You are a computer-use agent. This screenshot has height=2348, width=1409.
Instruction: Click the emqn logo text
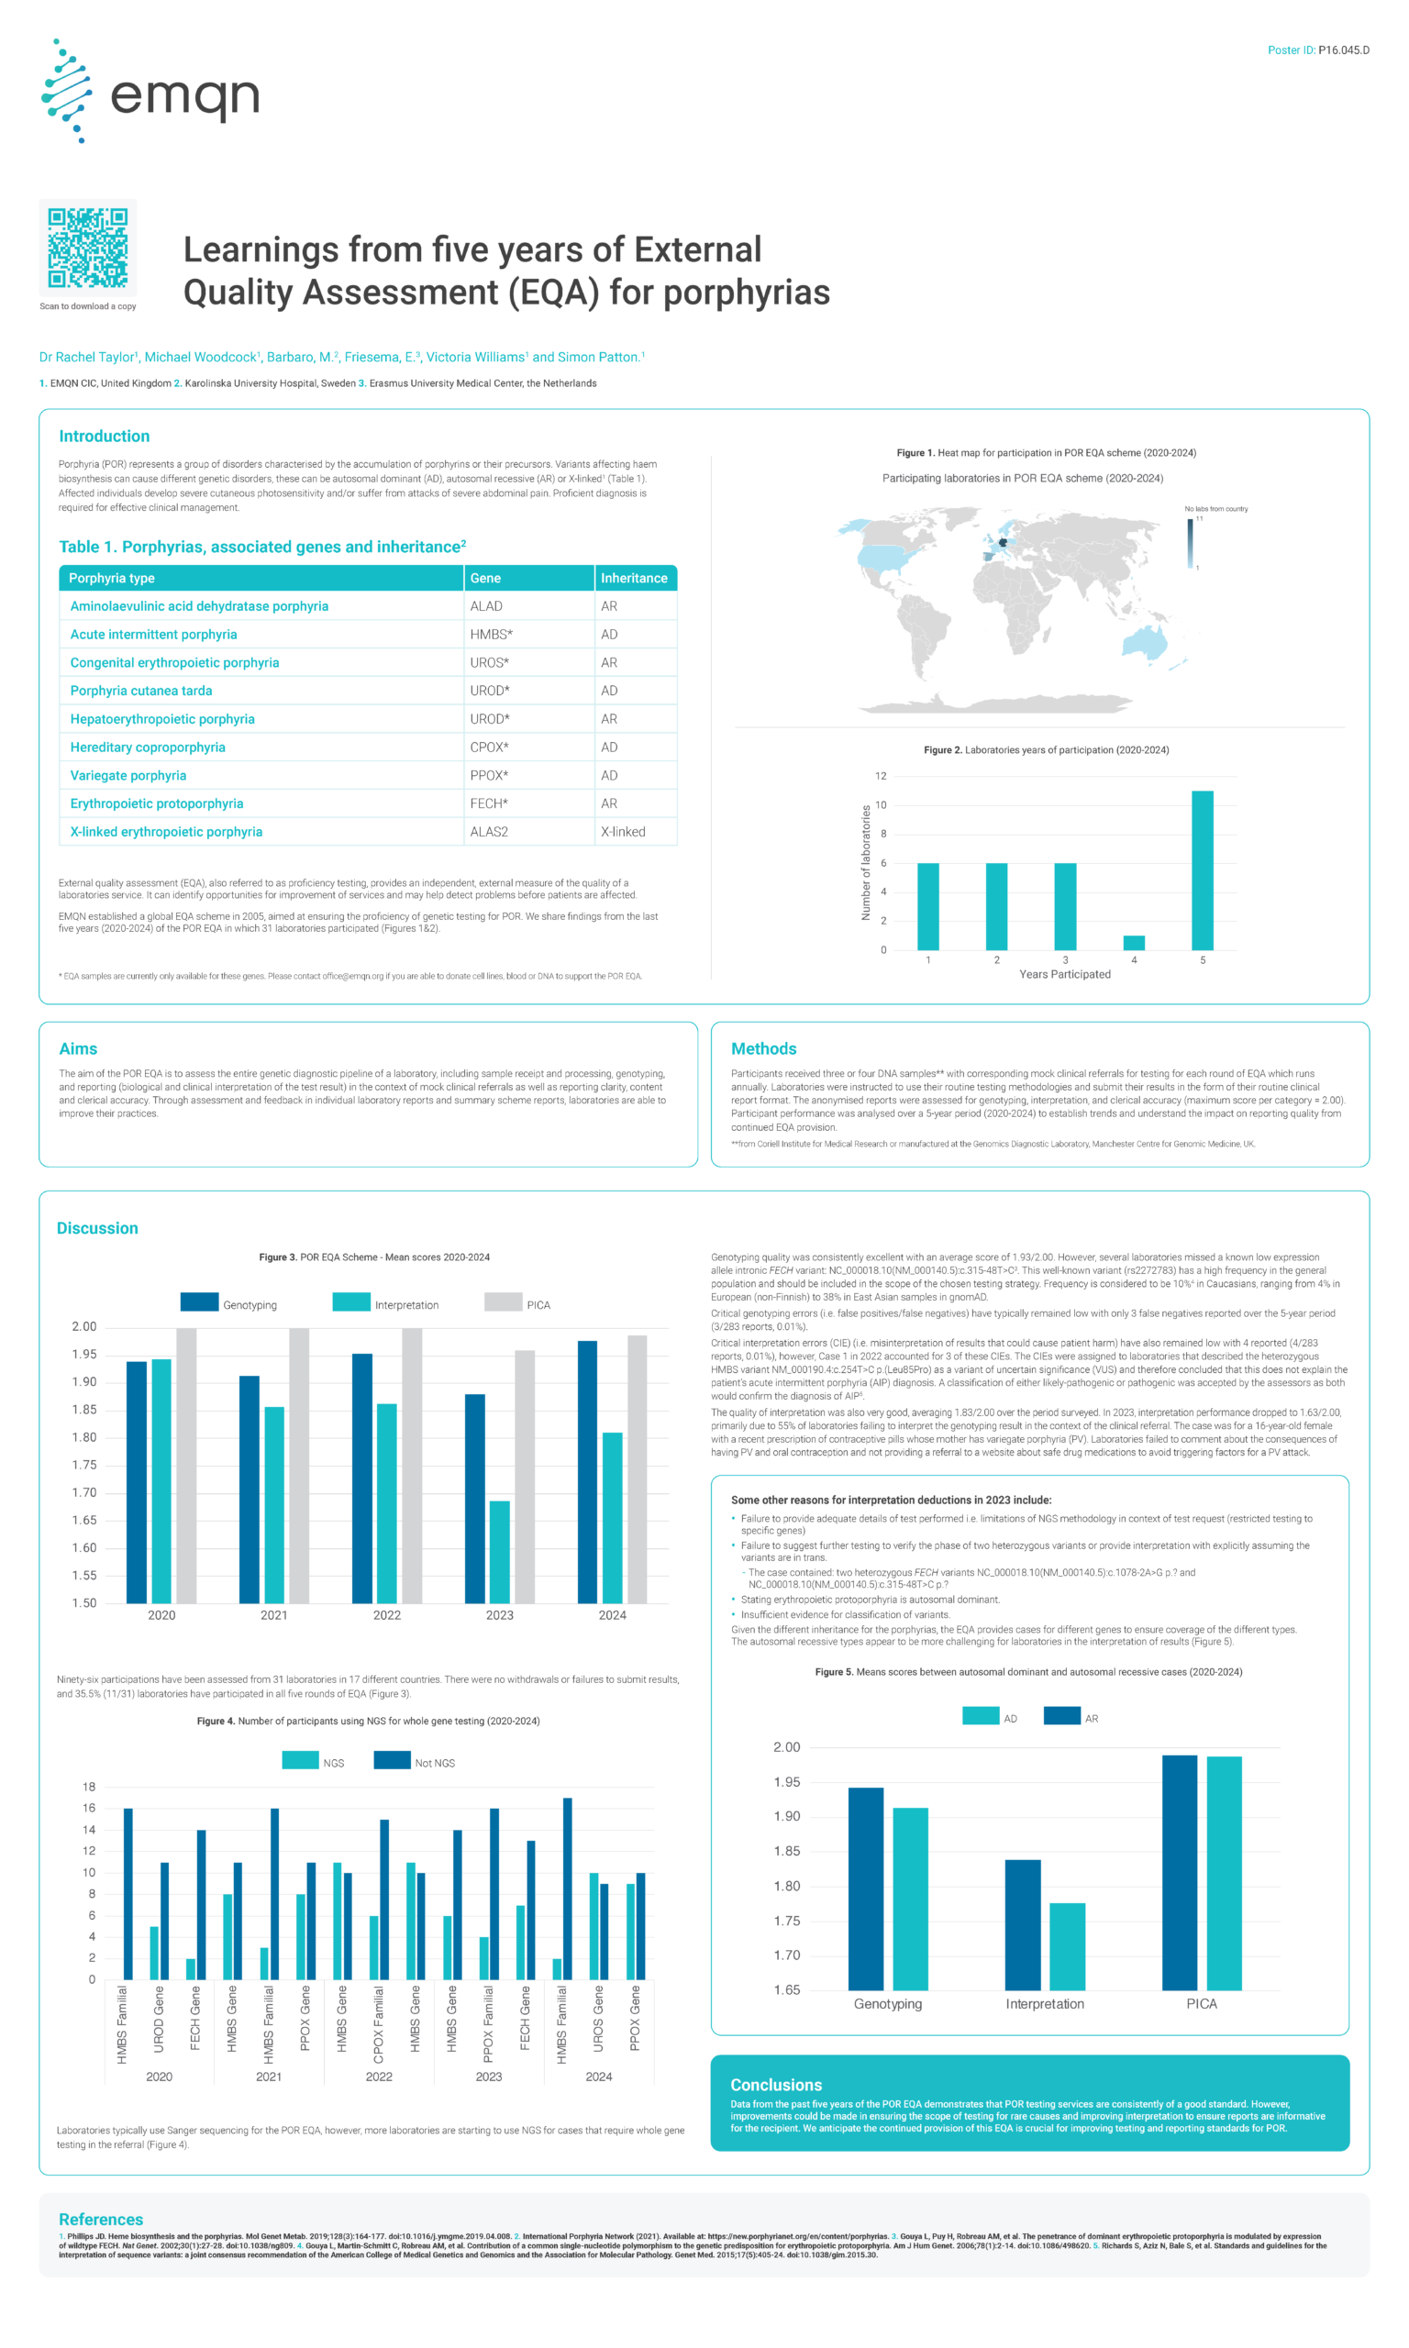(x=185, y=96)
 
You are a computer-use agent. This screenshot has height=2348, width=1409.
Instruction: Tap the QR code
(x=87, y=248)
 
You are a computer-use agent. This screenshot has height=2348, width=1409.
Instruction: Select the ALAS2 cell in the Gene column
(x=489, y=831)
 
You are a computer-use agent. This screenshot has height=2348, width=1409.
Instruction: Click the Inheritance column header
(x=633, y=578)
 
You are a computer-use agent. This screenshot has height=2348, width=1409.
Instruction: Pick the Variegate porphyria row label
(x=128, y=775)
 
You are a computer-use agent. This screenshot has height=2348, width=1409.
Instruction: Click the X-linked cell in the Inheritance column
(x=623, y=831)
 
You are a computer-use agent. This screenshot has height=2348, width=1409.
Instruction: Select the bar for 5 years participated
(x=1202, y=869)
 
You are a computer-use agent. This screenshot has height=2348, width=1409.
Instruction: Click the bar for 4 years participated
(x=1134, y=943)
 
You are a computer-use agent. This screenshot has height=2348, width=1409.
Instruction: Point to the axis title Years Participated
(x=1064, y=974)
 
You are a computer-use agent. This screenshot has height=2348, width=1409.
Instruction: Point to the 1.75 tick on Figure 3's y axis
(x=84, y=1465)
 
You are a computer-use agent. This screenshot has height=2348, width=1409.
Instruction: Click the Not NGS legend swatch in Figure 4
(x=391, y=1759)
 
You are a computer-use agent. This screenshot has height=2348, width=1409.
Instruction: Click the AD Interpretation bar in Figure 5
(x=1067, y=1945)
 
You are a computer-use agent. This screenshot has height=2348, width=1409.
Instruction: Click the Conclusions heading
(x=776, y=2084)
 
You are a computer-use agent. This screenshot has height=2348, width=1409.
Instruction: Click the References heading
(x=101, y=2219)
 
